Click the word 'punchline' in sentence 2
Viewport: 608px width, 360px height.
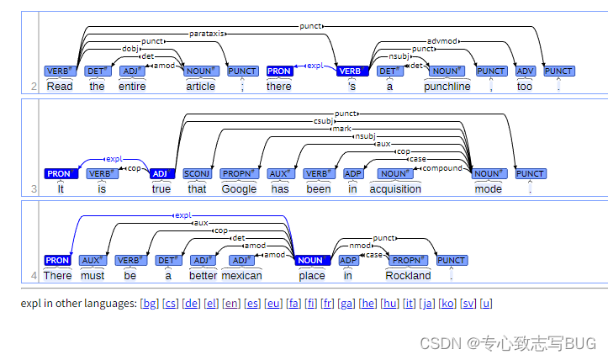[447, 86]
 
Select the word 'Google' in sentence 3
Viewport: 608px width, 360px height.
[239, 189]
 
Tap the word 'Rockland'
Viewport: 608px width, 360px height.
[408, 275]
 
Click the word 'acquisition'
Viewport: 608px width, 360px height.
[395, 189]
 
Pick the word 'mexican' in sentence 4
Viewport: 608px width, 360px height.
[241, 275]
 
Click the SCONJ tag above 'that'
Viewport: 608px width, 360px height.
[197, 174]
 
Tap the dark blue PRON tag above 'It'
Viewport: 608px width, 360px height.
[61, 174]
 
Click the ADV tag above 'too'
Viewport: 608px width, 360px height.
[525, 71]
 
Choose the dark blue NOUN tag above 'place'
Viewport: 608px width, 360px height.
[312, 260]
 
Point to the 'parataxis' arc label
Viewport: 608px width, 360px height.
[207, 34]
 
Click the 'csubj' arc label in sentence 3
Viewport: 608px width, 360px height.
[324, 121]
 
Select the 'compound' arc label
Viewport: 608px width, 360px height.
[442, 168]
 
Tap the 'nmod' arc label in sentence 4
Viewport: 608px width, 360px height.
[360, 246]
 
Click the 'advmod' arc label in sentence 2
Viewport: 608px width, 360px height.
[442, 41]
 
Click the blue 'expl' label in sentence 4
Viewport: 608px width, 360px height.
[183, 215]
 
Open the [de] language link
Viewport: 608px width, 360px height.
[191, 304]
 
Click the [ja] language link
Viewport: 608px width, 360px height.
[427, 304]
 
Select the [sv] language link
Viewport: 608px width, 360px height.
[468, 304]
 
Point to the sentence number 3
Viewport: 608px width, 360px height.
[34, 189]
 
